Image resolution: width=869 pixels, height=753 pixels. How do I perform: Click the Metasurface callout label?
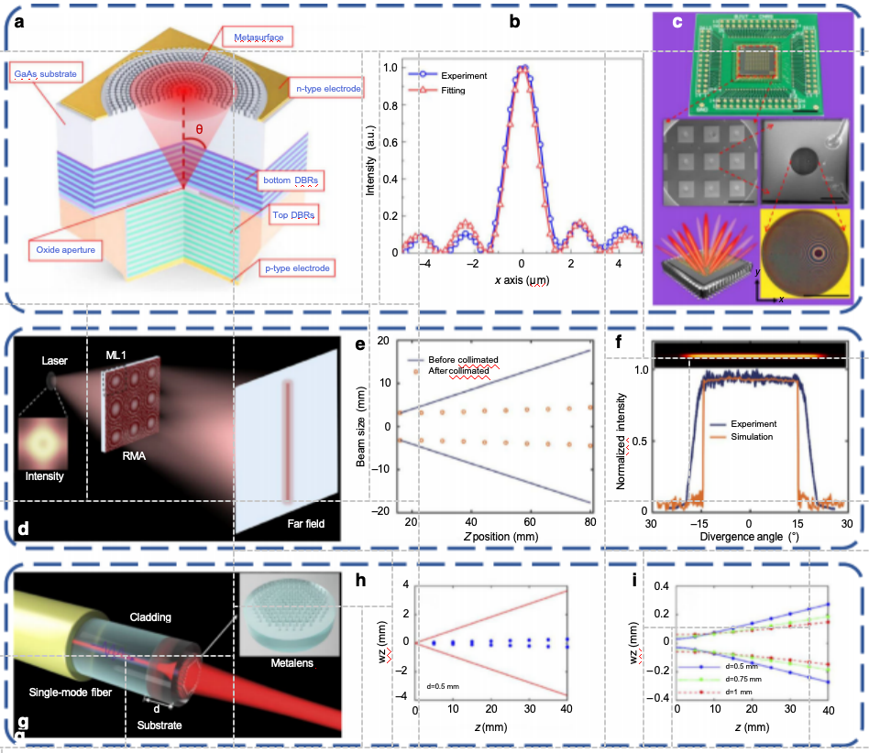point(250,38)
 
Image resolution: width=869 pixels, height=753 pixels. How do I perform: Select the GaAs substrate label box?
point(43,71)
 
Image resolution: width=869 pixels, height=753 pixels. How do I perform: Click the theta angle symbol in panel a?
point(198,129)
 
